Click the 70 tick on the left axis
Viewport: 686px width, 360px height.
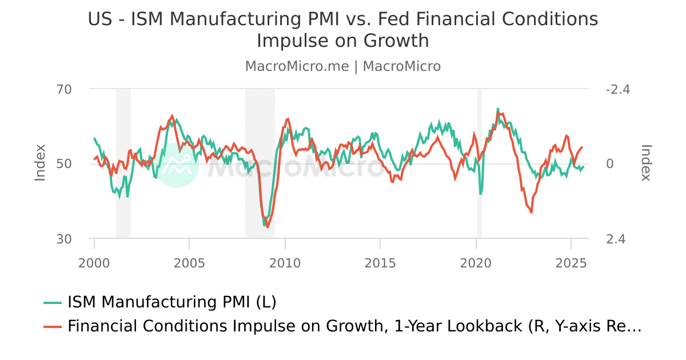[x=64, y=90]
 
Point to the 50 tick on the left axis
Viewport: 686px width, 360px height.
[x=64, y=164]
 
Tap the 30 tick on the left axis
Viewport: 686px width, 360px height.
[x=64, y=239]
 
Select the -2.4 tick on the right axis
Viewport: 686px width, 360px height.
[x=618, y=90]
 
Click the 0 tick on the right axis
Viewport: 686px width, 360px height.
[x=609, y=164]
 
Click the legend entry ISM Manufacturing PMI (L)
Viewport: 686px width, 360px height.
[x=171, y=302]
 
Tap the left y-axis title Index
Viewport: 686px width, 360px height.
[x=40, y=163]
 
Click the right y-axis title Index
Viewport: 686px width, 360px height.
[x=646, y=163]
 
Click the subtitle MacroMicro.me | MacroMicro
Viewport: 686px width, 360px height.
[x=343, y=66]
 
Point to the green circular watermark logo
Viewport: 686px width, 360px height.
[x=177, y=166]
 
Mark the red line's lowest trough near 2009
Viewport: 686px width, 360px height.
[x=267, y=227]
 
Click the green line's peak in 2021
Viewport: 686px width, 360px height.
[x=498, y=109]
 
